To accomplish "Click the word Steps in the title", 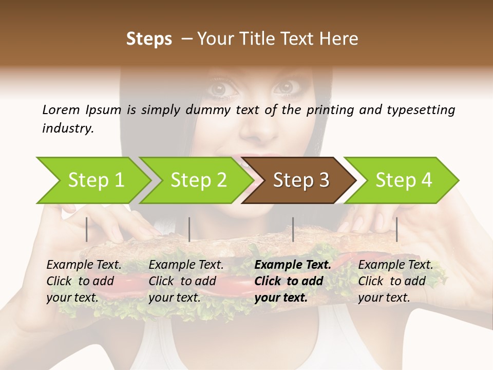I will tap(149, 39).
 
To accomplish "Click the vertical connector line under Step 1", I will tap(87, 229).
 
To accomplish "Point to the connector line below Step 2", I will tap(189, 229).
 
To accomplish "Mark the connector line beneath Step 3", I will tap(293, 229).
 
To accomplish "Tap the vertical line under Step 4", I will tap(396, 229).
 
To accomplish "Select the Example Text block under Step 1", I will tap(84, 281).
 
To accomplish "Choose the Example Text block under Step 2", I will tap(186, 281).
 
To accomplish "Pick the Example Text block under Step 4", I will tap(395, 281).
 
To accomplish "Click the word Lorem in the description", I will tap(61, 110).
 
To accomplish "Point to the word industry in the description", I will tap(68, 128).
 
